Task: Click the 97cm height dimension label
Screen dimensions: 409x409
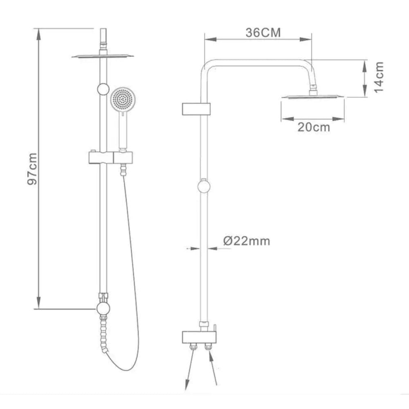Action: [32, 169]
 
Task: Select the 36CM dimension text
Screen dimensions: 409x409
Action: [263, 33]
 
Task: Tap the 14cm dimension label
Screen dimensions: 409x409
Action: [379, 77]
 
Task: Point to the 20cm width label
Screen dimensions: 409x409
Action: [314, 127]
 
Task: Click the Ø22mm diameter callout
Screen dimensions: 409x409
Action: [247, 241]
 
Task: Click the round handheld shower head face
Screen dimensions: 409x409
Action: [122, 99]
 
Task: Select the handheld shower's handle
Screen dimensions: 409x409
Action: [122, 130]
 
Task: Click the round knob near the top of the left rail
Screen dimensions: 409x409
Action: [103, 89]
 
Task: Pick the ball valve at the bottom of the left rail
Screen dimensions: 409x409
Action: [103, 308]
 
